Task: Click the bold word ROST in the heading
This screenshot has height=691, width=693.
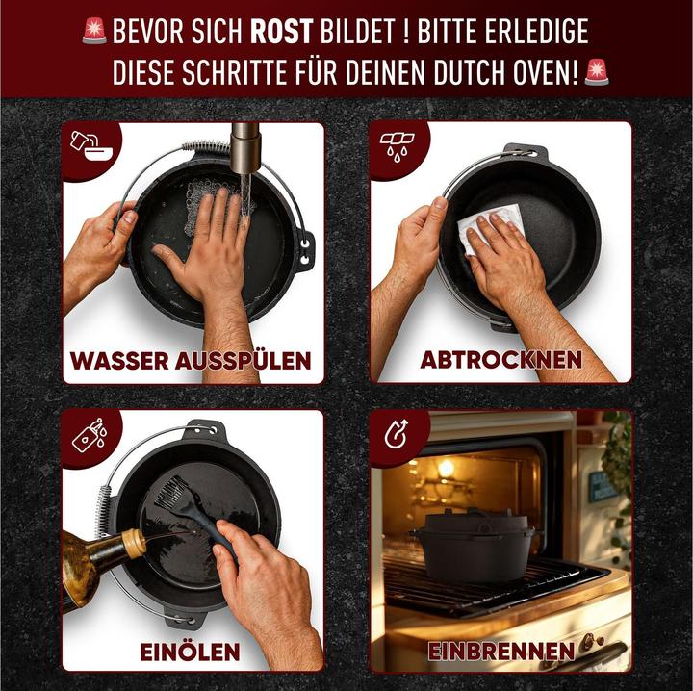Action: point(281,31)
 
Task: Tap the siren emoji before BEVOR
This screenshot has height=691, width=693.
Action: point(94,31)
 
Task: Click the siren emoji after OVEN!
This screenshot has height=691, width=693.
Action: point(596,72)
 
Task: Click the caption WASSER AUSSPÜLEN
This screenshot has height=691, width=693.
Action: point(191,361)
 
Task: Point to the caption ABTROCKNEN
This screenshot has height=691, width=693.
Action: point(500,360)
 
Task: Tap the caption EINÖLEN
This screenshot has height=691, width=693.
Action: point(190,653)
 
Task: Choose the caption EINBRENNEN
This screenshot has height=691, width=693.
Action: point(501,652)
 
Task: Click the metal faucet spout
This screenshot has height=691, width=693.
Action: point(245,148)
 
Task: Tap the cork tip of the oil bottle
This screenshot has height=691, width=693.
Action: point(134,543)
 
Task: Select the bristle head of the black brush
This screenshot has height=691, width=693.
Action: point(171,492)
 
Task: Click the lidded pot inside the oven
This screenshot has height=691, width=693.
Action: point(476,546)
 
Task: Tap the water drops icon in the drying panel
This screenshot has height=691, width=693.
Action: point(397,146)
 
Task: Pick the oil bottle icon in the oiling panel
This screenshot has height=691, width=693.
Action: point(90,435)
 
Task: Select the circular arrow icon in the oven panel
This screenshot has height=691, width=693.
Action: point(396,434)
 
